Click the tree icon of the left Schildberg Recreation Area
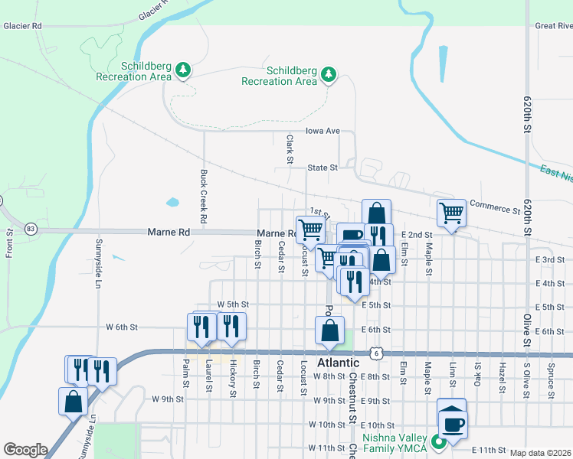point(182,70)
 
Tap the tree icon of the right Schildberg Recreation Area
point(328,74)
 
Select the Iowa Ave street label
point(322,131)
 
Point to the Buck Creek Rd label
point(204,197)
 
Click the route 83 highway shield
point(31,229)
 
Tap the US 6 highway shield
point(375,353)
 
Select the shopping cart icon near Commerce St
point(451,213)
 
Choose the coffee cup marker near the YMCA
point(451,422)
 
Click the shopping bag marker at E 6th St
point(329,330)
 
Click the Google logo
point(25,450)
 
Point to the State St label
point(323,167)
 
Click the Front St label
point(8,243)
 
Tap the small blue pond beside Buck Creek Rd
point(172,203)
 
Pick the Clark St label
point(290,150)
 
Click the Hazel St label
point(501,379)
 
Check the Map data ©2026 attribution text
point(540,453)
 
